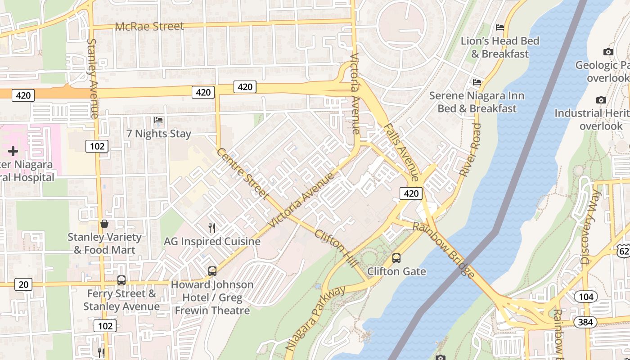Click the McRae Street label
[149, 27]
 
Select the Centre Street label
[243, 174]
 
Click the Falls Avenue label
[402, 153]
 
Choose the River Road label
[471, 150]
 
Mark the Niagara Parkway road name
[316, 318]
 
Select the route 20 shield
[23, 284]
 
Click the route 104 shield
[586, 297]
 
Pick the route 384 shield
[585, 322]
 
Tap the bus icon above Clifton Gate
[396, 258]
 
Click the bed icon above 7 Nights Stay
[158, 120]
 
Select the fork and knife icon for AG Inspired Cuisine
[212, 228]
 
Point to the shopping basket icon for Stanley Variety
[104, 224]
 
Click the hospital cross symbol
[13, 151]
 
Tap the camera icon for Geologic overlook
[608, 52]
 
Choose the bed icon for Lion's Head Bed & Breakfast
[499, 27]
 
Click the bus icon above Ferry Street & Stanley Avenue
[121, 280]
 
